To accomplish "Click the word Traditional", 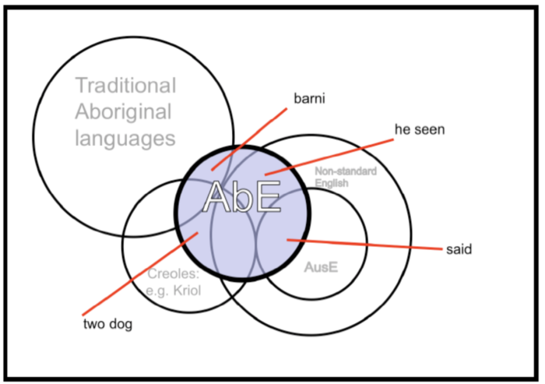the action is [x=125, y=85].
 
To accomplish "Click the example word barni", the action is [x=309, y=98].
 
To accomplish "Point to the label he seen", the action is [x=420, y=129].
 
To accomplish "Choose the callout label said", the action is [x=459, y=249].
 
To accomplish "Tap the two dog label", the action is [x=107, y=324].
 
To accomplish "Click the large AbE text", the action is [x=241, y=196].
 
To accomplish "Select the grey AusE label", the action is [x=321, y=267].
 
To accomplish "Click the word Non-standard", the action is [x=346, y=171].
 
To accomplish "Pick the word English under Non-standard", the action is [x=332, y=183].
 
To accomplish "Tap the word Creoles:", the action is [x=174, y=273].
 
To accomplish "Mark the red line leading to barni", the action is [x=250, y=139].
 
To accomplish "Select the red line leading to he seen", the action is [x=329, y=157].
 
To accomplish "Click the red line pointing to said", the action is [x=364, y=244].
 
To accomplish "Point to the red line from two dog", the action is [x=140, y=274].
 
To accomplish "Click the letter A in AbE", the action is [x=216, y=196].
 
